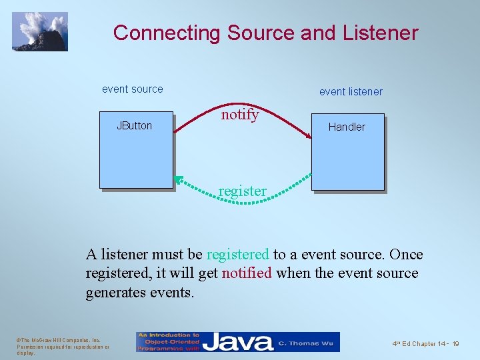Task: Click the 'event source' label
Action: tap(132, 89)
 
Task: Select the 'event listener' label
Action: tap(351, 91)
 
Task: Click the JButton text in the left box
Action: tap(134, 125)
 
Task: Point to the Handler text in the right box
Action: tap(347, 127)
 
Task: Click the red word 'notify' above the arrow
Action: tap(239, 114)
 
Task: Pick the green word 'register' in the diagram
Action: tap(242, 191)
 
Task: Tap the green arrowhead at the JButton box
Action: tap(178, 179)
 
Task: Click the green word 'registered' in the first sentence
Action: tap(237, 254)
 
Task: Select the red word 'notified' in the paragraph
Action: tap(247, 273)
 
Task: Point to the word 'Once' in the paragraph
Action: tap(406, 254)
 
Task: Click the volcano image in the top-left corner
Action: tap(40, 31)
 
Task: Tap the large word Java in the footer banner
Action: tap(238, 342)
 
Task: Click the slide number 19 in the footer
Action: tap(455, 343)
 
